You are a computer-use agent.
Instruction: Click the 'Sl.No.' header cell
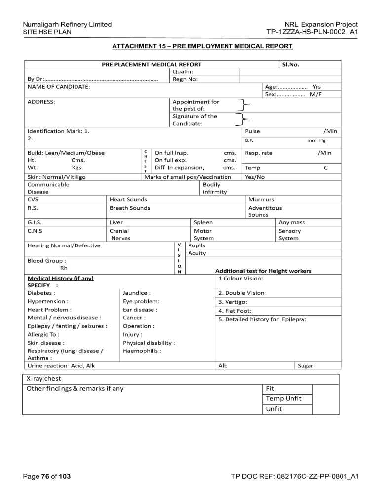pyautogui.click(x=290, y=64)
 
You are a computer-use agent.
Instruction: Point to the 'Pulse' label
pyautogui.click(x=252, y=131)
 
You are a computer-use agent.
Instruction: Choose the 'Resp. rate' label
pyautogui.click(x=259, y=153)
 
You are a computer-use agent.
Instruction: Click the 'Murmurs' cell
pyautogui.click(x=261, y=199)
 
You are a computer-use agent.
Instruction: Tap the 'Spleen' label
pyautogui.click(x=203, y=222)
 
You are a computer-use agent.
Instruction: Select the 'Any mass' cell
pyautogui.click(x=292, y=222)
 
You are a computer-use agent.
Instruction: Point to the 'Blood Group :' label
pyautogui.click(x=47, y=261)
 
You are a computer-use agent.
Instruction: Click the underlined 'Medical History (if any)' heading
pyautogui.click(x=60, y=278)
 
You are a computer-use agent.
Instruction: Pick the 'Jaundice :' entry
pyautogui.click(x=137, y=293)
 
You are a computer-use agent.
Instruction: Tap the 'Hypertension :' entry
pyautogui.click(x=48, y=301)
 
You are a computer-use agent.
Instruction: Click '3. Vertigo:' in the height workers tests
pyautogui.click(x=232, y=302)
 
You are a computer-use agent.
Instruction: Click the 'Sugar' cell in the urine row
pyautogui.click(x=305, y=365)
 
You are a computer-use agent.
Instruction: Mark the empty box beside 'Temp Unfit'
pyautogui.click(x=325, y=398)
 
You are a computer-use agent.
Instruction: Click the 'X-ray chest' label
pyautogui.click(x=46, y=379)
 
